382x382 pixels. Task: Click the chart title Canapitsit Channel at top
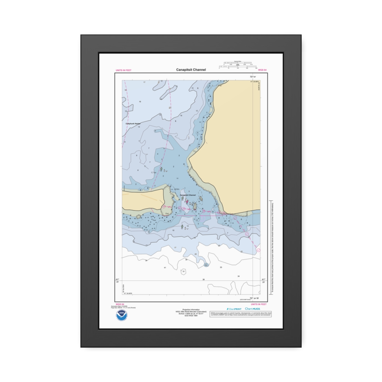191,70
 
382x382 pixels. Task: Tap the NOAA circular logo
121,315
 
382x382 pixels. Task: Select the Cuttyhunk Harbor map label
133,124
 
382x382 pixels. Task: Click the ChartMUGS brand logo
252,309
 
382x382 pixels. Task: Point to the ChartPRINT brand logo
234,309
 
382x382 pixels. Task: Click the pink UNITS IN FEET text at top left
124,70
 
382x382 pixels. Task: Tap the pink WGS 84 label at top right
262,70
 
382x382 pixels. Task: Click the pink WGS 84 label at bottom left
120,304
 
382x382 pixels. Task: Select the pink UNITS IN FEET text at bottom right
258,304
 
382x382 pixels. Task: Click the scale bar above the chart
238,66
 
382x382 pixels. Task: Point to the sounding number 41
165,268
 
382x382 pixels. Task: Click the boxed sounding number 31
183,272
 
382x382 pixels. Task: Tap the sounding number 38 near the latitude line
204,279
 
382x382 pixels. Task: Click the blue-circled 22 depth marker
206,265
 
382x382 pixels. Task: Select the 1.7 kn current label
153,173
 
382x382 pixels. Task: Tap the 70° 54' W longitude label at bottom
254,298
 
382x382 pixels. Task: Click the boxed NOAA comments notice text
241,314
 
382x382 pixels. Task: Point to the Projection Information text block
191,313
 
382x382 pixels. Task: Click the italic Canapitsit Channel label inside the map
188,195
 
